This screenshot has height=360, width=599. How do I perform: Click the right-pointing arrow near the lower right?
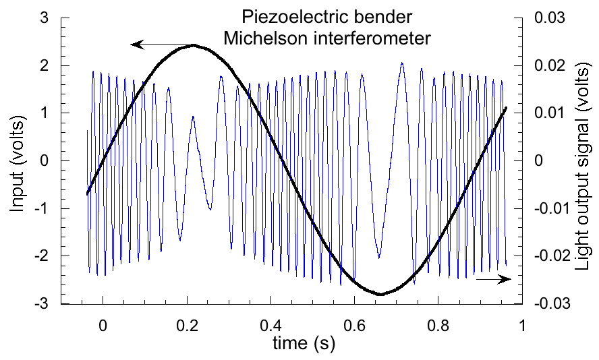tap(493, 279)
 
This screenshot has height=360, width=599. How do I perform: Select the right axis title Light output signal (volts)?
tap(584, 161)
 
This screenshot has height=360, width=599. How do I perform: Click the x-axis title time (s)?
tap(304, 344)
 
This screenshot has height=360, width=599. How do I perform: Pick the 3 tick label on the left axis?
tap(45, 18)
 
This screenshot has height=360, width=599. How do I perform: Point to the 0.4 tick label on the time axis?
tap(270, 324)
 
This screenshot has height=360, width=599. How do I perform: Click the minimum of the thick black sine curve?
tap(380, 294)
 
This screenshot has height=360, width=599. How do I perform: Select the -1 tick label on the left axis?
tap(42, 208)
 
